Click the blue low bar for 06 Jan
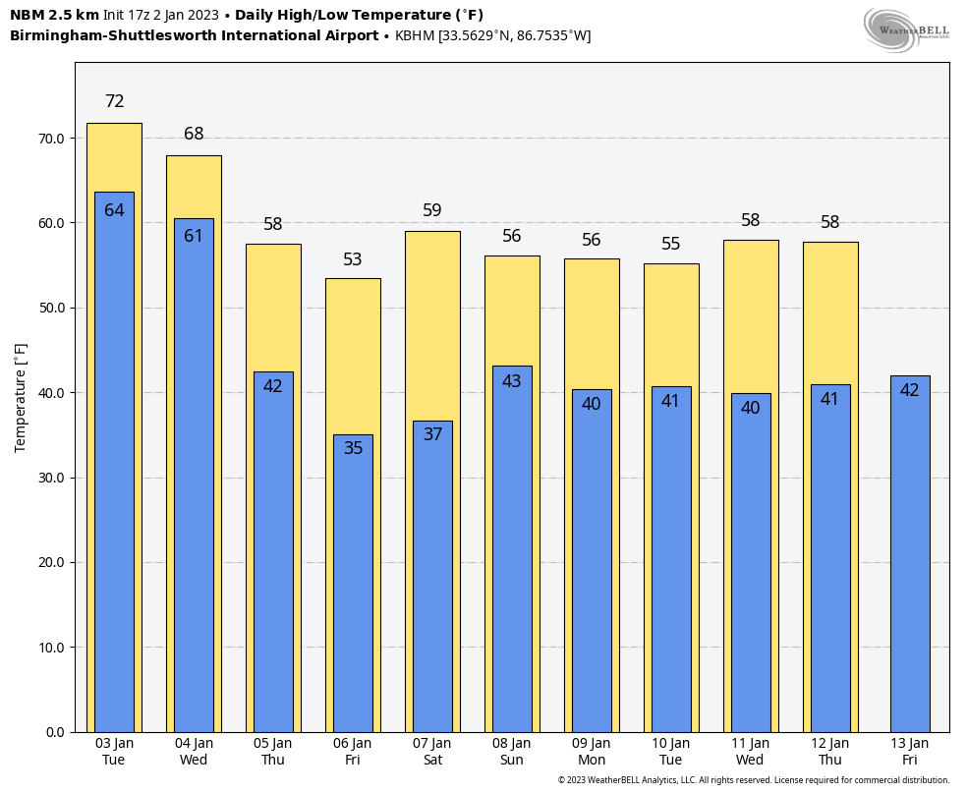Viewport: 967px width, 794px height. point(353,590)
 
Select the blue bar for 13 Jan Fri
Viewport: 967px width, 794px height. point(910,560)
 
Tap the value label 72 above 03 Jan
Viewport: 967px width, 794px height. point(114,101)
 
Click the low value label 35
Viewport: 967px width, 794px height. point(353,448)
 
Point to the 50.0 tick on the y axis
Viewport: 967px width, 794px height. point(50,308)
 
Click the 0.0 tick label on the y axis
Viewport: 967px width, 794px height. point(55,732)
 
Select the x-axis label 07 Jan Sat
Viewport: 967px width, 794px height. point(432,751)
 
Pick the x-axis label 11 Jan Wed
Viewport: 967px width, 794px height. point(750,751)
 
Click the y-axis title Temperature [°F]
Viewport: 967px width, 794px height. point(21,397)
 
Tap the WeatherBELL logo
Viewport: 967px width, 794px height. point(906,29)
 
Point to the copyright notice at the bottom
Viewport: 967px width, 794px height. point(754,780)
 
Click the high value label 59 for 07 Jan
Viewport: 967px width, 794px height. point(432,210)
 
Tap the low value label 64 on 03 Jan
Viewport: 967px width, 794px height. point(114,210)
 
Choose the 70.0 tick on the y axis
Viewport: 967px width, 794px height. point(50,139)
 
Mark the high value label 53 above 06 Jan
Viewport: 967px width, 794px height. point(353,259)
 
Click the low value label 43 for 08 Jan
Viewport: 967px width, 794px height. point(512,381)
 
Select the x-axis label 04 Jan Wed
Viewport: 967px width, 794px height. point(194,751)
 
